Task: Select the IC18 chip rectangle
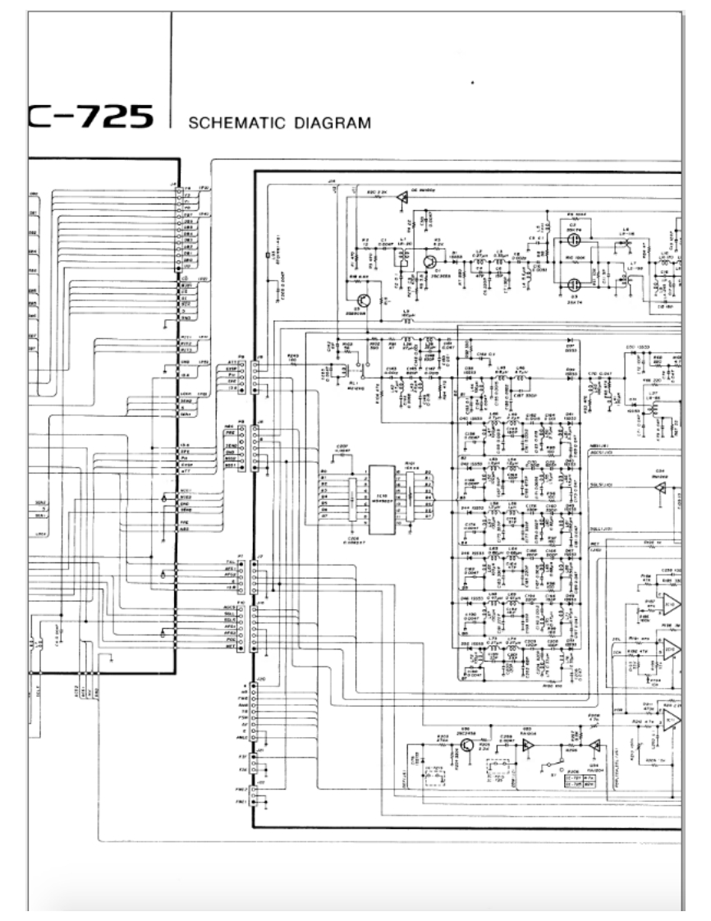(380, 495)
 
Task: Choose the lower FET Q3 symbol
(573, 284)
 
